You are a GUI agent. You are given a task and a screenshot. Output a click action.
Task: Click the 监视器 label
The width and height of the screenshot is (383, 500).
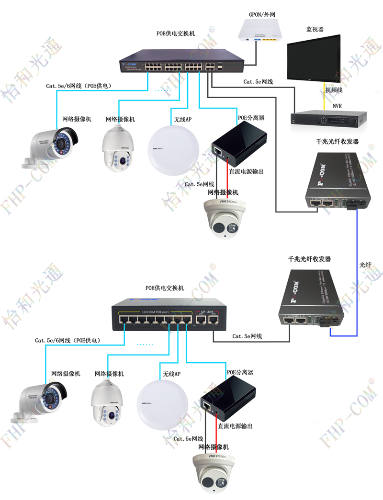tap(315, 29)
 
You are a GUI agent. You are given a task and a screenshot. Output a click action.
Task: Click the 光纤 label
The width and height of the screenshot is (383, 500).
tap(365, 264)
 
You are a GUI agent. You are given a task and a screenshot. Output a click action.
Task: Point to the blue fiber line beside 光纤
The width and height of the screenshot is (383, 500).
tap(357, 268)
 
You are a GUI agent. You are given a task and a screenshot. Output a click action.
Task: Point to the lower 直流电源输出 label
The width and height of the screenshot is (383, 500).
tap(235, 426)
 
